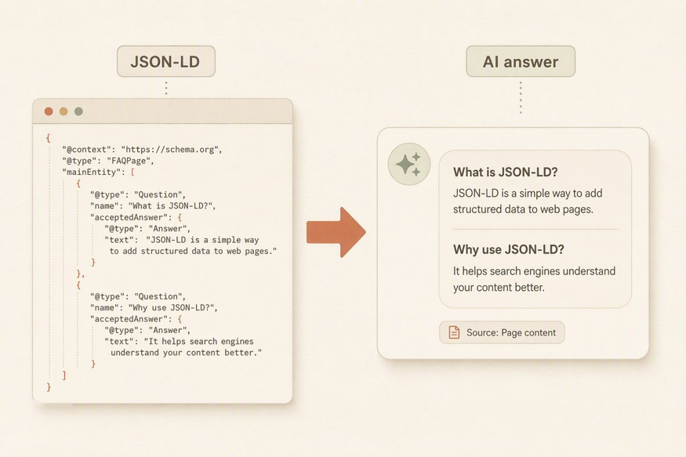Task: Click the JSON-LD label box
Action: (x=165, y=61)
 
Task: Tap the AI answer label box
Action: (x=521, y=61)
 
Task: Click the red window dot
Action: (x=49, y=111)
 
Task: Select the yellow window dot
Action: (x=64, y=111)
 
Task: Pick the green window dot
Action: (x=78, y=111)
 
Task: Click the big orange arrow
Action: (x=336, y=232)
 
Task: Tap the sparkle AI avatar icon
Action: (x=409, y=164)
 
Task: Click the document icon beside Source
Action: (x=454, y=332)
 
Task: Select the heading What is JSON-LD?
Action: (x=506, y=172)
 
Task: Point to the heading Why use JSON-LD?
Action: (x=508, y=249)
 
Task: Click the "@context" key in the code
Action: (x=89, y=150)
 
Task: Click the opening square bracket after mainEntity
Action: (x=132, y=172)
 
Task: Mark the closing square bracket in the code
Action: (x=64, y=375)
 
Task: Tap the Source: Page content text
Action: (x=511, y=332)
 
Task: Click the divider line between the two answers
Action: (x=535, y=229)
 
